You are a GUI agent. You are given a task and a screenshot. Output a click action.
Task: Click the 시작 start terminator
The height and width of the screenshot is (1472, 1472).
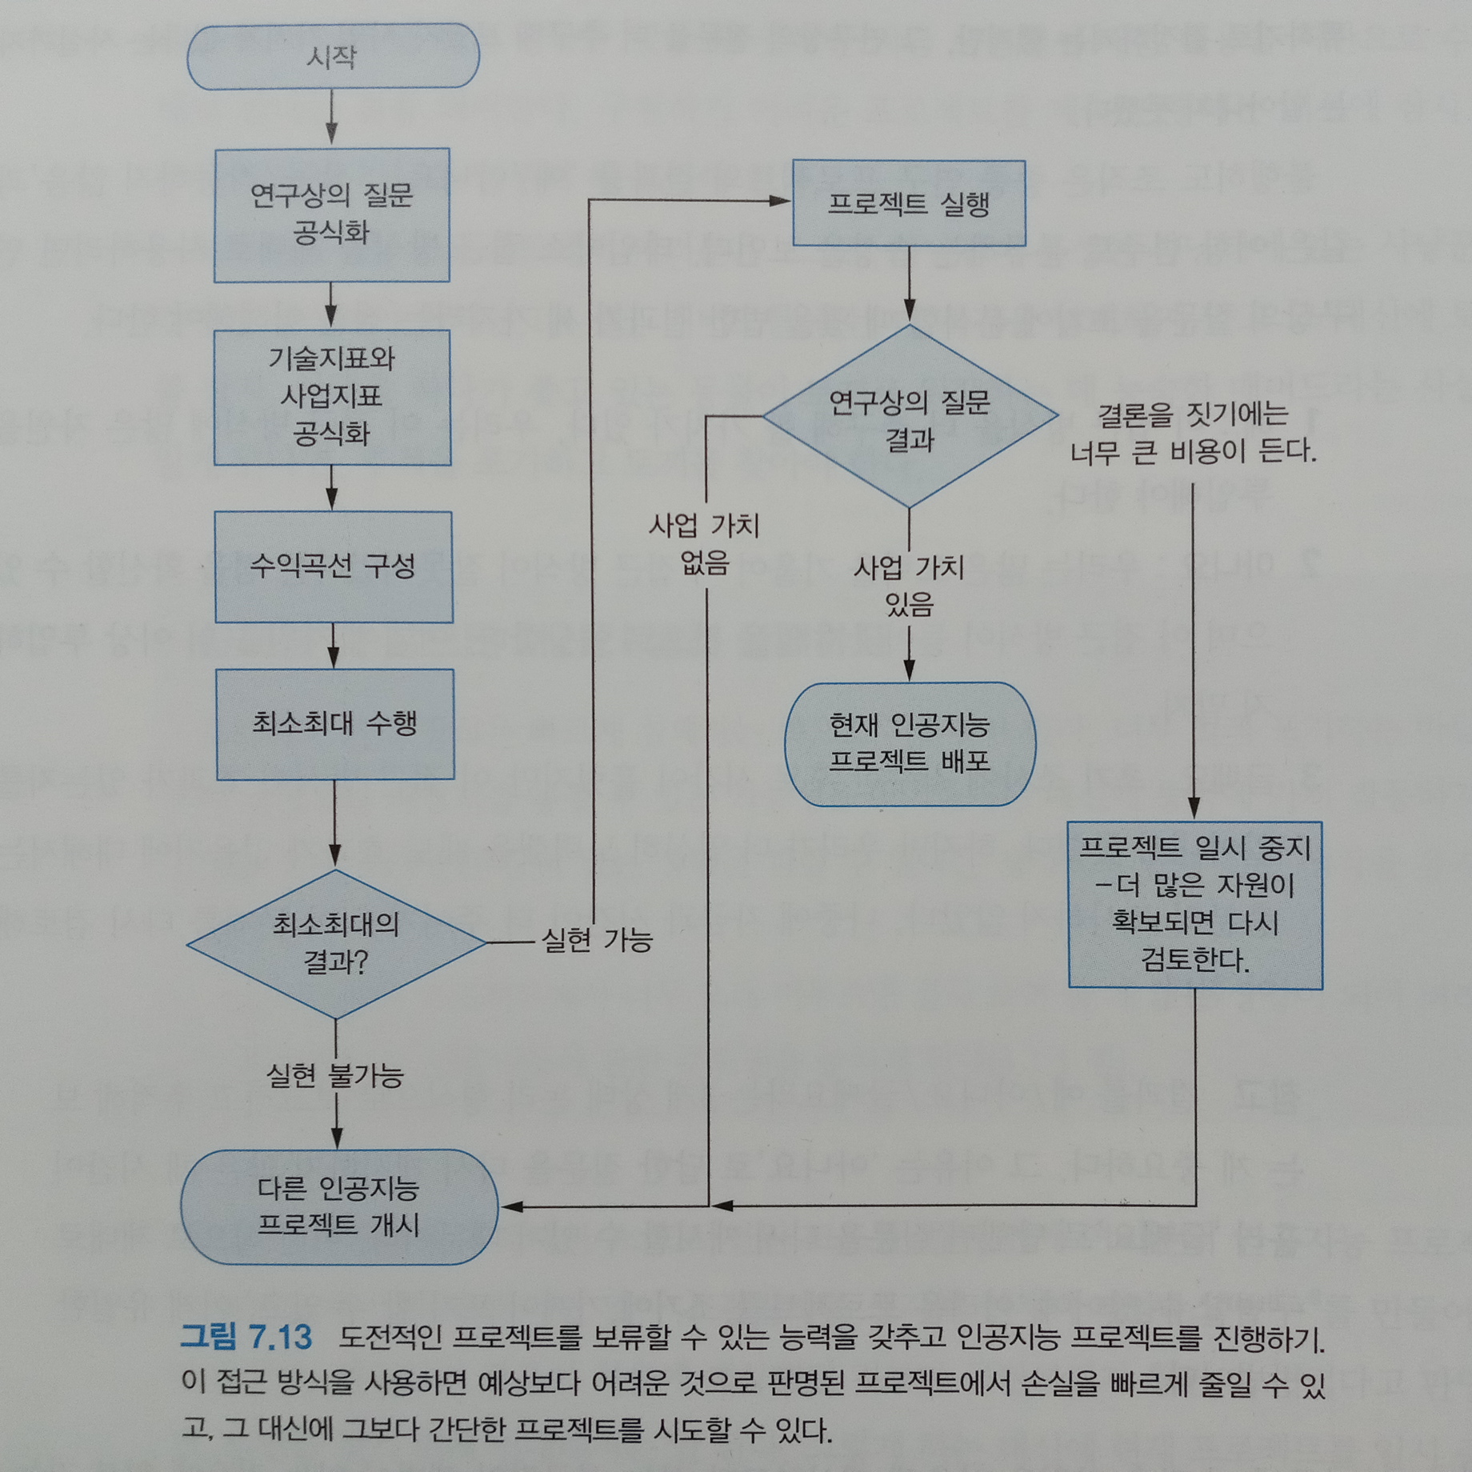[x=333, y=56]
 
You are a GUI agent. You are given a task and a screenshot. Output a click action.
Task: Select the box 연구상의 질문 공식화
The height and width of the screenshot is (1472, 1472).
[x=331, y=214]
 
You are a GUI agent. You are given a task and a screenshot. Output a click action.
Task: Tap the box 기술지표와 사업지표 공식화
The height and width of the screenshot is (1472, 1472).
[x=332, y=397]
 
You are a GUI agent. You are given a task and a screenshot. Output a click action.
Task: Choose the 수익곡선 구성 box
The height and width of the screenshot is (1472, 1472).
[x=334, y=566]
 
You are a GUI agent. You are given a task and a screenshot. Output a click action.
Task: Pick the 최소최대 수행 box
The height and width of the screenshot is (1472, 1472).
[x=335, y=724]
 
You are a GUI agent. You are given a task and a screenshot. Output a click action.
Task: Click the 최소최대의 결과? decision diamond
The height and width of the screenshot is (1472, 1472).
[x=336, y=944]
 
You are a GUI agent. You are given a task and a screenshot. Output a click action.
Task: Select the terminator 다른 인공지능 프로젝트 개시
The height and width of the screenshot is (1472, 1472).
[x=338, y=1206]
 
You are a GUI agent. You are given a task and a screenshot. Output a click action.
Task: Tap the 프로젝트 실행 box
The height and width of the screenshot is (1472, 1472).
[x=909, y=203]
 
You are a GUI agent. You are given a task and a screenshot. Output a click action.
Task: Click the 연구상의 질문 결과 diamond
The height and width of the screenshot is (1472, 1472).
[x=910, y=416]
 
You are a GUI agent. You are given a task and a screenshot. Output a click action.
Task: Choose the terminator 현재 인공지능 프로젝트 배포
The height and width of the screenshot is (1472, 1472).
[x=910, y=743]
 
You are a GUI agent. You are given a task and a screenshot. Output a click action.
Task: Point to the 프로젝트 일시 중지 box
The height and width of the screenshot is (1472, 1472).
[x=1195, y=905]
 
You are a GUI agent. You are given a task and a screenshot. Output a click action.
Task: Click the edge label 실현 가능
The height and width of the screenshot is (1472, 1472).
[x=597, y=940]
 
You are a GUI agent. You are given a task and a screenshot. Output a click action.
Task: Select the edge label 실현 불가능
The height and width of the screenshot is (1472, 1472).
[x=335, y=1075]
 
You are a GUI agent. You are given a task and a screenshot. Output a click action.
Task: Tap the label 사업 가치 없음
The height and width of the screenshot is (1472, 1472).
[x=704, y=544]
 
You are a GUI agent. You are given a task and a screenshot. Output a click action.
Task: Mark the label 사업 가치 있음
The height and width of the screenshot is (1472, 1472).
[x=909, y=586]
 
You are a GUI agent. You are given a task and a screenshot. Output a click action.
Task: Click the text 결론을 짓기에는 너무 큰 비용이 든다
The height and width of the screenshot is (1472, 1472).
[x=1193, y=433]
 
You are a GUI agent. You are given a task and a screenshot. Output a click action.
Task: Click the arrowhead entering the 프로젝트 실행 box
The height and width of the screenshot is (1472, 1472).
[x=779, y=201]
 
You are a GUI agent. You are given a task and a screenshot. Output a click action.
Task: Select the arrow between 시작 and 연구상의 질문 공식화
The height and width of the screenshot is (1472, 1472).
[x=331, y=118]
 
